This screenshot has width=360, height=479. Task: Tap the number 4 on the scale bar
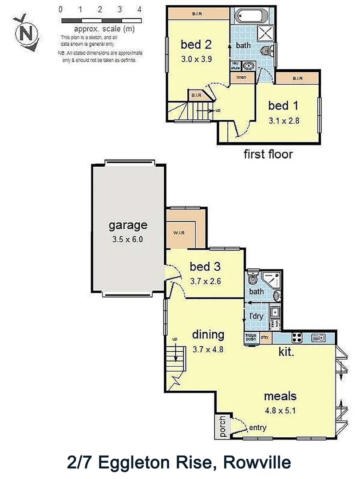click(139, 9)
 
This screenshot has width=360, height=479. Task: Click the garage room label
click(128, 225)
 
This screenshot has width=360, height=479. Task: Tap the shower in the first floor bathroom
click(268, 32)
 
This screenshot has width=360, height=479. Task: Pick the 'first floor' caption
click(268, 154)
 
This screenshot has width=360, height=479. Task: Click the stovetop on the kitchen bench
click(297, 338)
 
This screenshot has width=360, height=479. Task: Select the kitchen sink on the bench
click(318, 338)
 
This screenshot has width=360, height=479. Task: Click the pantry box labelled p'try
click(265, 338)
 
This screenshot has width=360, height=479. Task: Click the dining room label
click(208, 334)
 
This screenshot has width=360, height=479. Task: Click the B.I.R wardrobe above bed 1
click(297, 79)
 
